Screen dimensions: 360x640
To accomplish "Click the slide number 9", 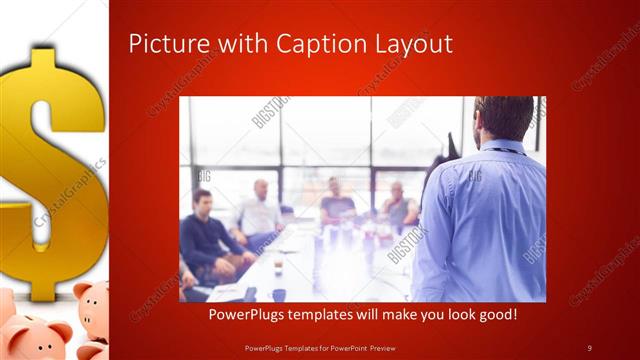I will coord(590,347).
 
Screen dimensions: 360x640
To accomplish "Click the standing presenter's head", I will coord(505,117).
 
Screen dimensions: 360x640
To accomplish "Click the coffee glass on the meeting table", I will coord(278,265).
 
